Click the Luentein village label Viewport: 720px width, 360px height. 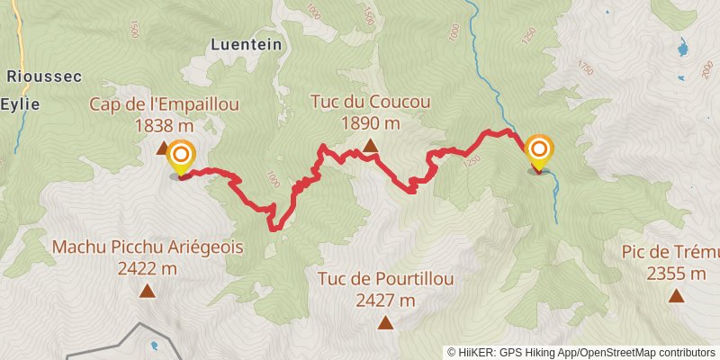coord(246,43)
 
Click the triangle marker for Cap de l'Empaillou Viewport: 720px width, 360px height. coord(163,147)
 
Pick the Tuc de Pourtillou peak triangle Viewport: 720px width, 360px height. coord(385,322)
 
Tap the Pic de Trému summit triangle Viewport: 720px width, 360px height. coord(675,295)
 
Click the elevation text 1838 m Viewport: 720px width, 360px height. coord(164,126)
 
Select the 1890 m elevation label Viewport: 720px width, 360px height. coord(370,122)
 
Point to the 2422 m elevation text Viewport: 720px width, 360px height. coord(148,267)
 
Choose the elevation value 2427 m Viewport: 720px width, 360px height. coord(385,300)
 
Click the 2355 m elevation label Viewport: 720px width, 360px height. coord(675,274)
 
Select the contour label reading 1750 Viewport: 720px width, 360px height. coord(586,68)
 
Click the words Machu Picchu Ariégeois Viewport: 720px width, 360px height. coord(148,247)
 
